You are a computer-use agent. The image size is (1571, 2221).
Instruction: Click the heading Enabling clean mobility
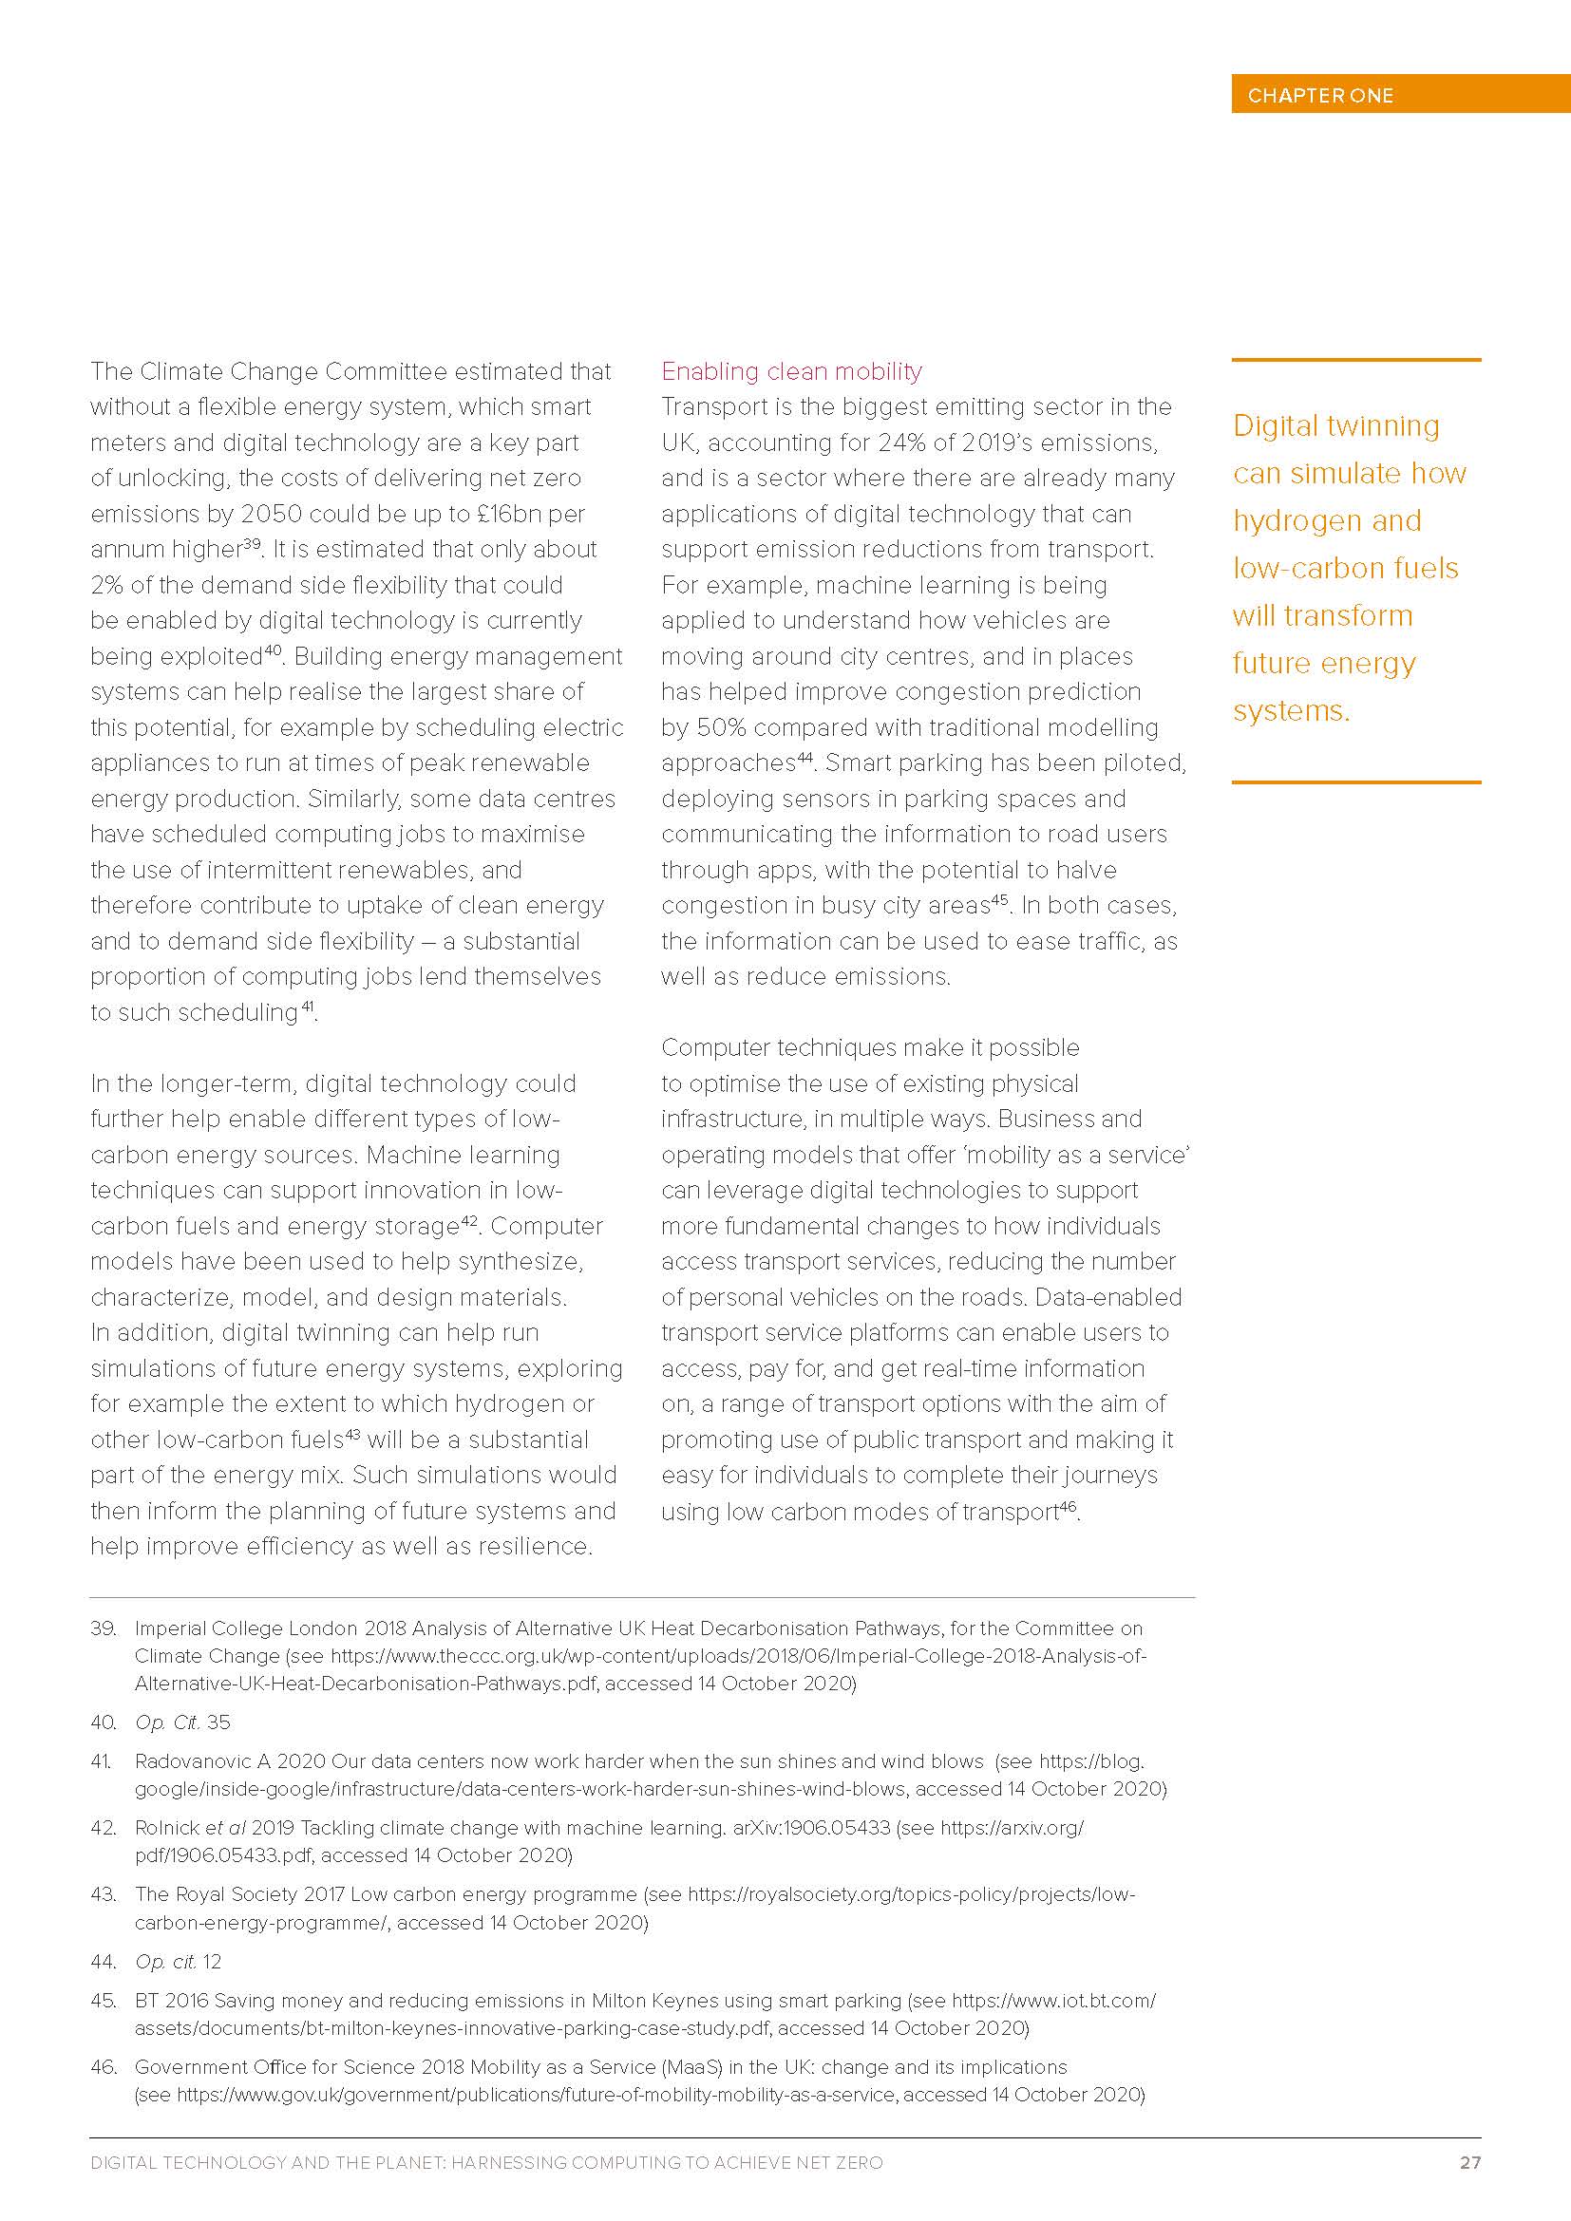(790, 371)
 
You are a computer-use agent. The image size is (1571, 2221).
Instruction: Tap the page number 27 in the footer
(1469, 2162)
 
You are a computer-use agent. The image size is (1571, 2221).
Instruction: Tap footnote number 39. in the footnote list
(104, 1628)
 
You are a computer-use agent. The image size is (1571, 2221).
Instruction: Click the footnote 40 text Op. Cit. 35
(182, 1722)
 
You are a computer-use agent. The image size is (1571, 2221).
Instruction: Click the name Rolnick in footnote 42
(166, 1827)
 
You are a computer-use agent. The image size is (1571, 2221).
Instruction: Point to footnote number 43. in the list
(104, 1894)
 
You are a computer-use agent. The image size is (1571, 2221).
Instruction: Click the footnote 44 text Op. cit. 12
(178, 1961)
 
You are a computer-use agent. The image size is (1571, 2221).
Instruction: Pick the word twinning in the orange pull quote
(1383, 425)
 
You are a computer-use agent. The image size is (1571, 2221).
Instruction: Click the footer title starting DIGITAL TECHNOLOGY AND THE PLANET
(486, 2162)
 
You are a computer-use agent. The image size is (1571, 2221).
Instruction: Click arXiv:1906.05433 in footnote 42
(810, 1827)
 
